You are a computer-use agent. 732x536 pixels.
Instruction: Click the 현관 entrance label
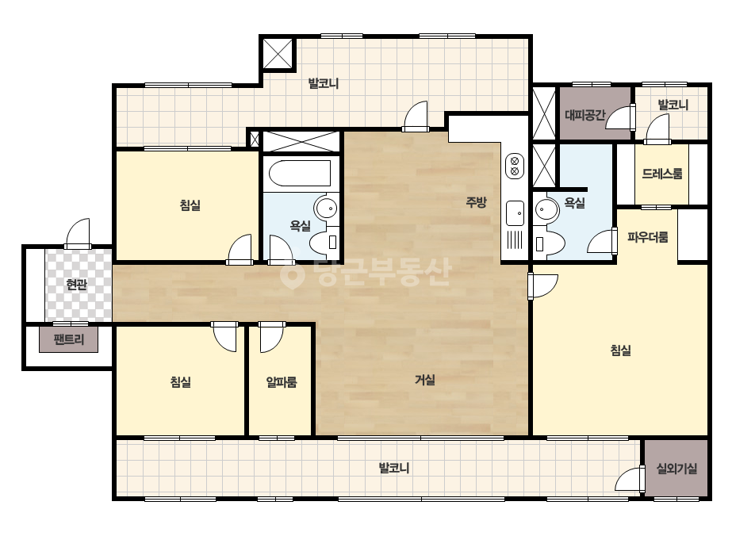click(x=77, y=285)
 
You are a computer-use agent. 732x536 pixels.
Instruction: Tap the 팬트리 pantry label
click(x=69, y=339)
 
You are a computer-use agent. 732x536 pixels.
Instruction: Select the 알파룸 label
click(x=282, y=382)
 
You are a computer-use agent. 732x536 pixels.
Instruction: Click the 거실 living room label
click(x=425, y=380)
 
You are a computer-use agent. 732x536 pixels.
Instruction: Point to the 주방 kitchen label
click(x=476, y=202)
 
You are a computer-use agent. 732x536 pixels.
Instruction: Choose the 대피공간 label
click(x=585, y=114)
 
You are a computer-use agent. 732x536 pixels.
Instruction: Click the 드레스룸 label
click(x=662, y=174)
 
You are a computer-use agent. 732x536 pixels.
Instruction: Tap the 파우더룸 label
click(x=647, y=237)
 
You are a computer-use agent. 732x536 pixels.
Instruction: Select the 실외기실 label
click(x=676, y=469)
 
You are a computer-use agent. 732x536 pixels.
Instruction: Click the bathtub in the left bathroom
click(x=300, y=173)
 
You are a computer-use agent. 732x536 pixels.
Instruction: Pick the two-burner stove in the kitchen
click(x=515, y=166)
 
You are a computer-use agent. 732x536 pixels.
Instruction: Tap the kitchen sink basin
click(x=515, y=213)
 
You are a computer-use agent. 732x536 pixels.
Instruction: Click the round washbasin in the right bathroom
click(x=546, y=209)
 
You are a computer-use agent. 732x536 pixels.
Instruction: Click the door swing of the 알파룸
click(x=271, y=337)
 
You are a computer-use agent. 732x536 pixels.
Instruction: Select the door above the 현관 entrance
click(x=78, y=233)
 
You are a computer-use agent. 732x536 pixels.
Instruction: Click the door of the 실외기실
click(x=630, y=478)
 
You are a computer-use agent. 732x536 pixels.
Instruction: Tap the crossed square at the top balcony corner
click(x=278, y=54)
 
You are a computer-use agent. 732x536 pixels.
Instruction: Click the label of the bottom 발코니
click(x=394, y=468)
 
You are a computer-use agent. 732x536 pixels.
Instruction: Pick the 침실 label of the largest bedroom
click(x=621, y=350)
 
